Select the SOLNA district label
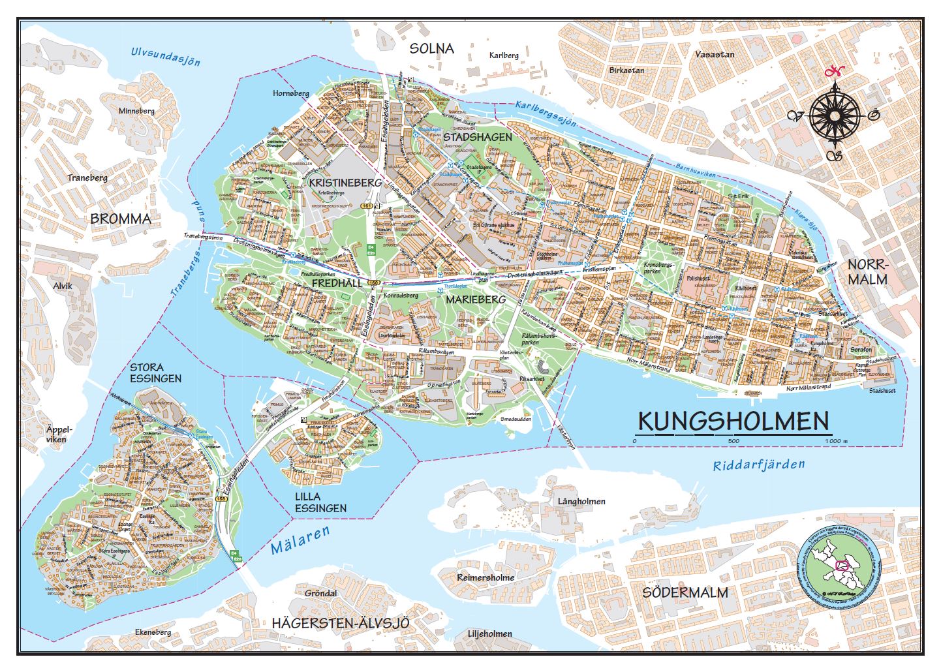tap(431, 49)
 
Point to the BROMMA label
tap(121, 219)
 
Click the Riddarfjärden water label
tap(759, 465)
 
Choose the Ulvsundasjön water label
tap(164, 57)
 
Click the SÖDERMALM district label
tap(685, 592)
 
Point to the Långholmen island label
tap(581, 501)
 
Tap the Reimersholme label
tap(486, 577)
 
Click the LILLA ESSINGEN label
tap(320, 502)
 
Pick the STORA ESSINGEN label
tap(155, 373)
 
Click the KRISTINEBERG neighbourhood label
tap(345, 183)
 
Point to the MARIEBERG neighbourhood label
tap(476, 299)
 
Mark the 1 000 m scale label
tap(835, 442)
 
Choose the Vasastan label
tap(715, 54)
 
